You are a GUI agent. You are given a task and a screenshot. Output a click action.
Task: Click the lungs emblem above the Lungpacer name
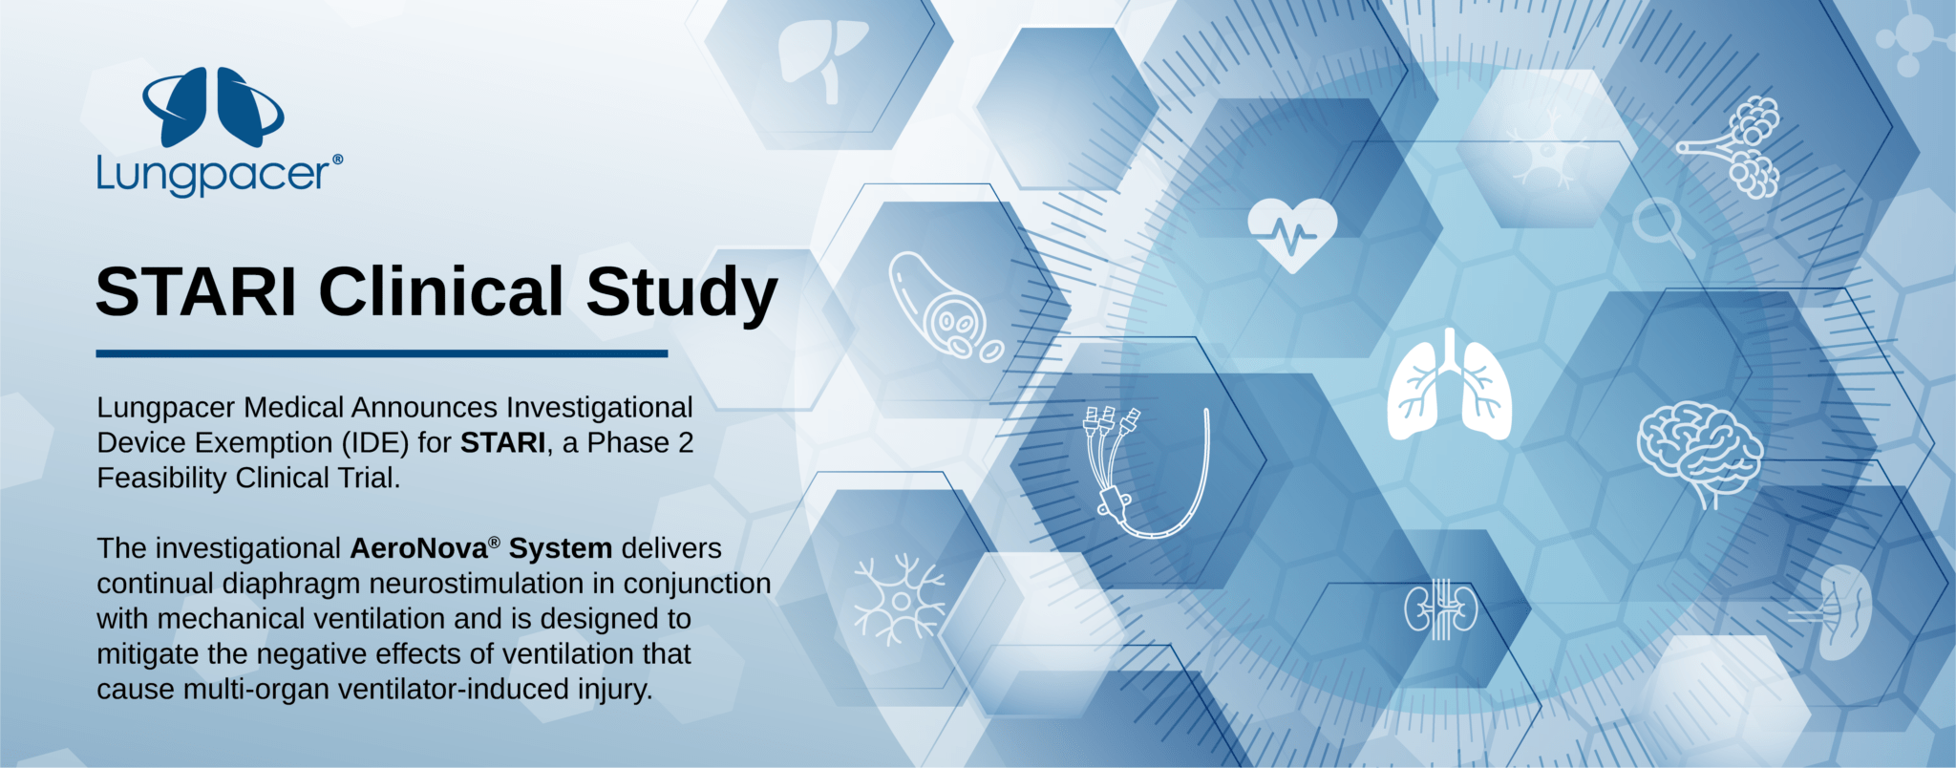213,107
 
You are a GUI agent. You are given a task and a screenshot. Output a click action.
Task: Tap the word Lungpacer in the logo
213,174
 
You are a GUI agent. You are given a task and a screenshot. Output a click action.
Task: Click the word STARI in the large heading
197,291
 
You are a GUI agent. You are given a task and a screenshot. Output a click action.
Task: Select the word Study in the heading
682,294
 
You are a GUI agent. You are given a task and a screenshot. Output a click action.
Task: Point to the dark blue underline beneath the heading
382,353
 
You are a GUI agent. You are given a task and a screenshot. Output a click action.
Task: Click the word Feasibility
162,479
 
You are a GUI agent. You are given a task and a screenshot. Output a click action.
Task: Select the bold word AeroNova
419,548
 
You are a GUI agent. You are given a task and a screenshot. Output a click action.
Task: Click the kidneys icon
1441,609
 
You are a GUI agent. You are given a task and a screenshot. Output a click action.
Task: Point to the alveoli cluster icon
1733,146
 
